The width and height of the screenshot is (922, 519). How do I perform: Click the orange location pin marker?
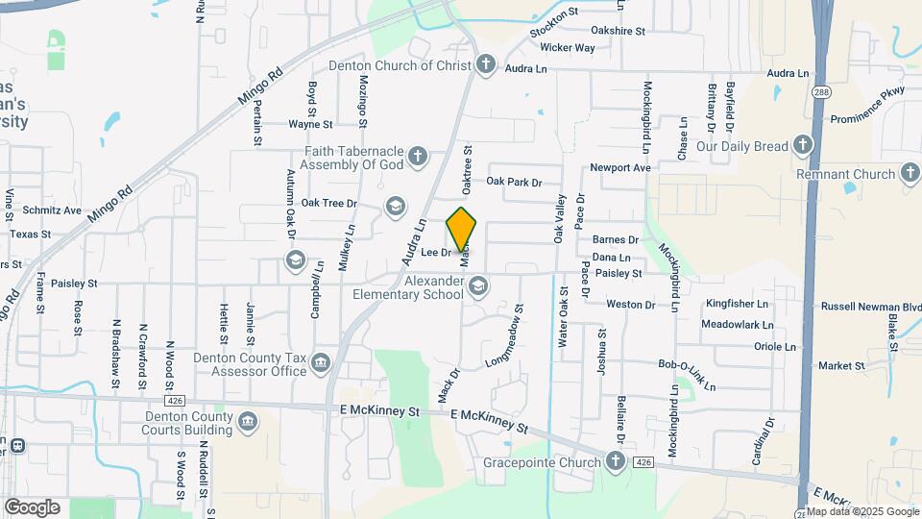(x=462, y=230)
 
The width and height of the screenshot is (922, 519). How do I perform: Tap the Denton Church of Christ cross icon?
(x=486, y=65)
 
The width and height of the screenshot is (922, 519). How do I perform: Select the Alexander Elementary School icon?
(x=477, y=285)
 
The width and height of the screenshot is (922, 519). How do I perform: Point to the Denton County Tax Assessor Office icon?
(x=320, y=362)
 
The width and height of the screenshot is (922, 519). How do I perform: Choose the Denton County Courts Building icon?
(x=248, y=421)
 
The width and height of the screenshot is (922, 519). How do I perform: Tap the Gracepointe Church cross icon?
(x=616, y=462)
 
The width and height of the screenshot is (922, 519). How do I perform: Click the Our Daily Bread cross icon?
(x=803, y=146)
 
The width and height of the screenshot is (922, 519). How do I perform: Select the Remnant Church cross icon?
(x=910, y=174)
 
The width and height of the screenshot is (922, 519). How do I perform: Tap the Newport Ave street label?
(x=620, y=167)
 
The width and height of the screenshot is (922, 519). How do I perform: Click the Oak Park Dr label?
(x=514, y=182)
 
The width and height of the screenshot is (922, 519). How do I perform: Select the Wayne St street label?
(x=310, y=124)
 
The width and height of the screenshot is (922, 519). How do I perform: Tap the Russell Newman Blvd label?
(x=871, y=307)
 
